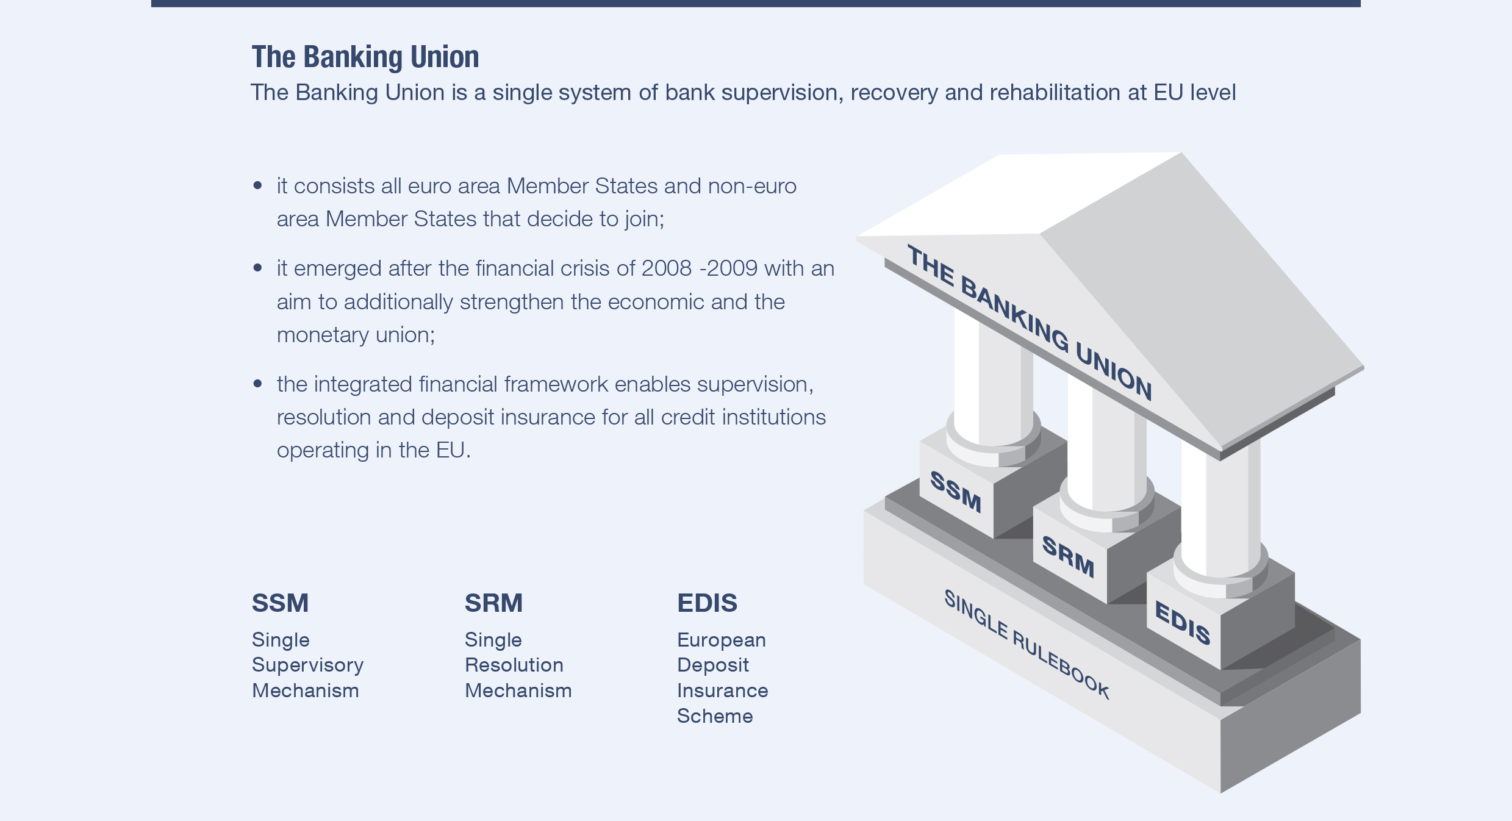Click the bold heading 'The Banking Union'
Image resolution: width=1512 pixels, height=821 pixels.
click(365, 57)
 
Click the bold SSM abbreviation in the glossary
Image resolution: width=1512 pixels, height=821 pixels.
click(281, 603)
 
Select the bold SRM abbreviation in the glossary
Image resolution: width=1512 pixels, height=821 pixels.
click(494, 603)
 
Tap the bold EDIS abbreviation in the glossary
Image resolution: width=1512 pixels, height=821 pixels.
click(708, 603)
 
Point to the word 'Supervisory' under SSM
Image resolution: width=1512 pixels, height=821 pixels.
click(308, 665)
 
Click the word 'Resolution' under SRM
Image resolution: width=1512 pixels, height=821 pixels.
click(514, 665)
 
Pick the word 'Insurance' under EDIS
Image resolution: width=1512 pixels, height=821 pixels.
click(723, 690)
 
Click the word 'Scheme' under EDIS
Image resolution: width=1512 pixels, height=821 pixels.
click(715, 716)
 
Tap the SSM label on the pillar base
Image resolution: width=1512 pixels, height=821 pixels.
click(956, 492)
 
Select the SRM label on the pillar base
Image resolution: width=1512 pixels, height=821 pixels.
click(1068, 556)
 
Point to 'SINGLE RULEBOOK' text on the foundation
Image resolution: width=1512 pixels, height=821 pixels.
click(1027, 644)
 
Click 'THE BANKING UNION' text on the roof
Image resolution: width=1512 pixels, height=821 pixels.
click(1030, 322)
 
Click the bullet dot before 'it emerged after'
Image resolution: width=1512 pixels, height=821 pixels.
click(257, 267)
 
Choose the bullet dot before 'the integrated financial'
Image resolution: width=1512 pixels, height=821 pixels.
click(257, 383)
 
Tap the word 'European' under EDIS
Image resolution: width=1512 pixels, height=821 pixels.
click(722, 640)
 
